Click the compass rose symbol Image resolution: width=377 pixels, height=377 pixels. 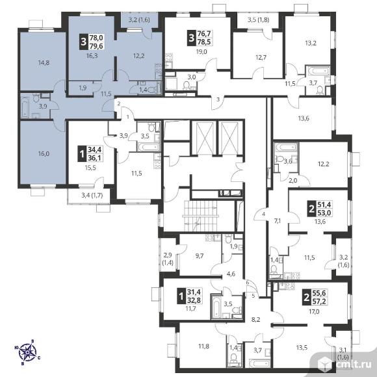(27, 352)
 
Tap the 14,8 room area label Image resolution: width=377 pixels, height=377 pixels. (44, 63)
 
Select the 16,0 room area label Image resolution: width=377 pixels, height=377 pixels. (44, 153)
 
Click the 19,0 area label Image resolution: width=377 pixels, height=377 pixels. (201, 52)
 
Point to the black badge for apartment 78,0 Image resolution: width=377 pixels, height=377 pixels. (83, 42)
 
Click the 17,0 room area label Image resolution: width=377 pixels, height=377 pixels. (314, 311)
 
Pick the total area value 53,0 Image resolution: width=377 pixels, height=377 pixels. (324, 213)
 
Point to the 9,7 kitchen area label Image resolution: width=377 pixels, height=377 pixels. (200, 256)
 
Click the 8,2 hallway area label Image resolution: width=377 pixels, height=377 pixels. (255, 320)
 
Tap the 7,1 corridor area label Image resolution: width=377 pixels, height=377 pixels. (278, 221)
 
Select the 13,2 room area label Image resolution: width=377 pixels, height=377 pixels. (311, 44)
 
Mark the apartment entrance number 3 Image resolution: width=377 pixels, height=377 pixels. (218, 99)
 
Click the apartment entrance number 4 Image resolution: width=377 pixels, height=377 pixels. (264, 214)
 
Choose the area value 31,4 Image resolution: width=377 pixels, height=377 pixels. (194, 292)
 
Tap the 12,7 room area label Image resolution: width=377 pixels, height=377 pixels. (261, 57)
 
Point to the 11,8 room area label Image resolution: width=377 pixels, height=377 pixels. (203, 346)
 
